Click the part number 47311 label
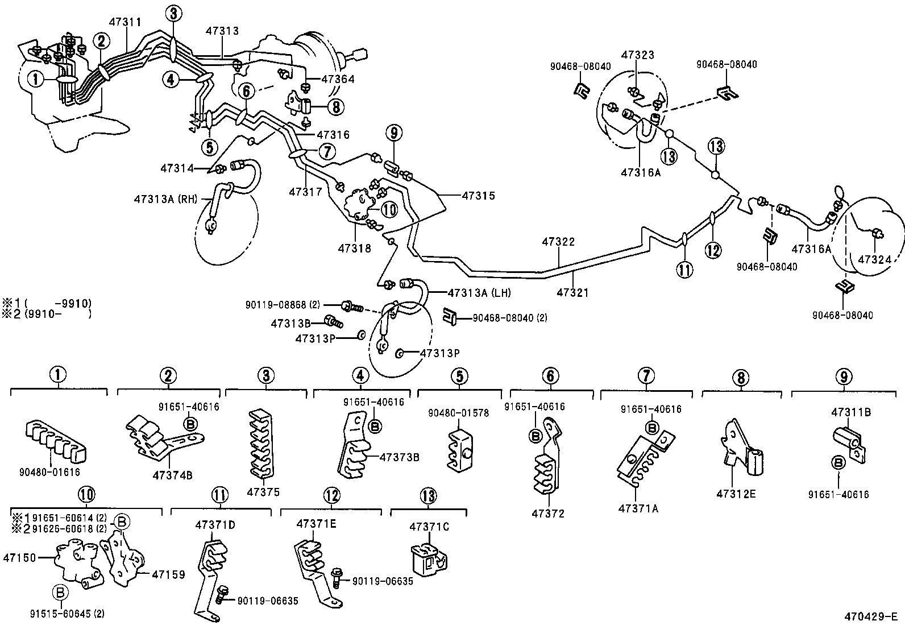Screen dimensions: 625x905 tap(126, 23)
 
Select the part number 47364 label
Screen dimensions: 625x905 tap(338, 80)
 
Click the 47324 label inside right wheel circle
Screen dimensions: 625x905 tap(874, 259)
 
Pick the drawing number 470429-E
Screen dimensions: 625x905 tap(870, 616)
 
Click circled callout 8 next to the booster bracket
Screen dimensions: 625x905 tap(335, 106)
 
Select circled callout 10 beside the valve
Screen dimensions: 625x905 tap(389, 209)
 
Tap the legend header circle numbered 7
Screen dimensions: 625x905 tap(646, 375)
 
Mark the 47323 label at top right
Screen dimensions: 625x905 tap(637, 55)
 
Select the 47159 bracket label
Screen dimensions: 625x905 tap(168, 574)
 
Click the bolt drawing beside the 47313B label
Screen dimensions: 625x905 tap(333, 322)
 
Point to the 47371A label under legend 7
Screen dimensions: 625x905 tap(638, 508)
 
